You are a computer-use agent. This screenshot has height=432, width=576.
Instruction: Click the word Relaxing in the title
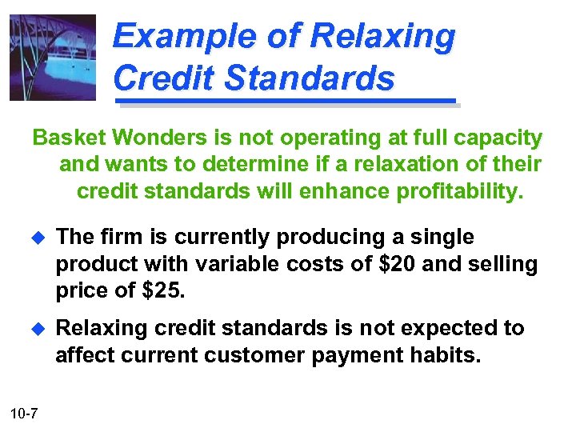(382, 38)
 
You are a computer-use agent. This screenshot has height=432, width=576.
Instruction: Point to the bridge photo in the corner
(52, 58)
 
